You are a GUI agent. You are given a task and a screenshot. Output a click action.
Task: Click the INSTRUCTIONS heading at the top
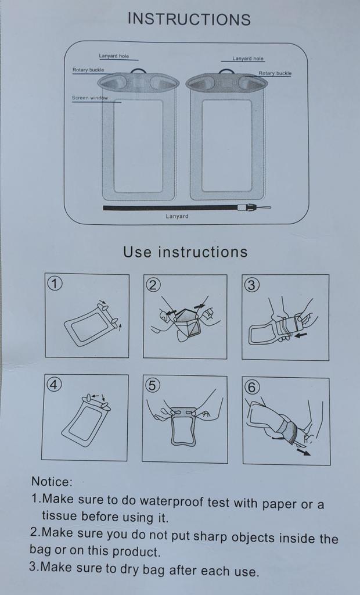click(x=189, y=19)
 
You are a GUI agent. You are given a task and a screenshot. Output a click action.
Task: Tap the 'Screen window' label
click(x=90, y=98)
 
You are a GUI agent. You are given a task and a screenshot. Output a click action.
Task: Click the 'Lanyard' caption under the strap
click(x=177, y=216)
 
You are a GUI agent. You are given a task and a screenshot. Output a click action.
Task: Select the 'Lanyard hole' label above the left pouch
click(x=114, y=56)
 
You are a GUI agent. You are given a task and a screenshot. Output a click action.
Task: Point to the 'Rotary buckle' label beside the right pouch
click(x=275, y=73)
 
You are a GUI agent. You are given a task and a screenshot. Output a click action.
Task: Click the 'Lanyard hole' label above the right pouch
click(x=248, y=59)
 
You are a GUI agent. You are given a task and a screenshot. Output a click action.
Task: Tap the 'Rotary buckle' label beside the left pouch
click(x=88, y=70)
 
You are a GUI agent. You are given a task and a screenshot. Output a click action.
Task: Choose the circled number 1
click(x=54, y=283)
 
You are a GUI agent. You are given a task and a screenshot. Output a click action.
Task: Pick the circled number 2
click(x=153, y=285)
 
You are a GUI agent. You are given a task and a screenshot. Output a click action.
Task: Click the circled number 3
click(x=251, y=285)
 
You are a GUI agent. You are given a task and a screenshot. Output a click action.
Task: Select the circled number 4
click(x=53, y=385)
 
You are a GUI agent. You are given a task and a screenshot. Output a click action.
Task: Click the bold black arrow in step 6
click(x=304, y=452)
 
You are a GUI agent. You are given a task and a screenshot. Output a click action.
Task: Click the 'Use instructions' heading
click(x=185, y=252)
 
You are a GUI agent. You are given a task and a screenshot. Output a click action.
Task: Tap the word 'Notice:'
click(x=52, y=482)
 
